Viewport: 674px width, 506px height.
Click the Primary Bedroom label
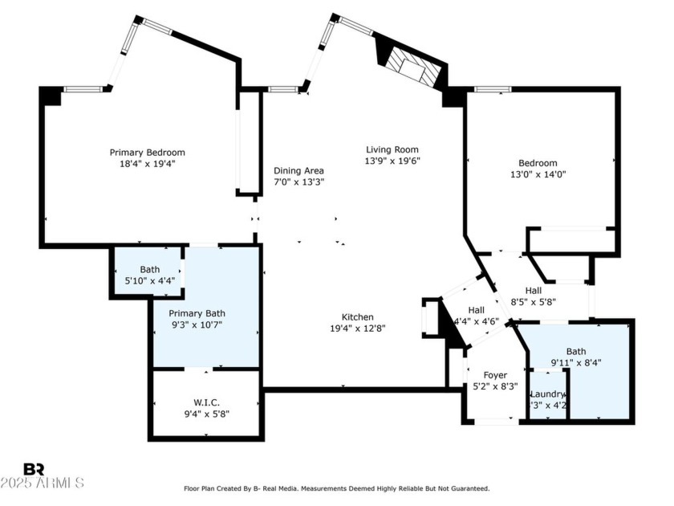coord(147,152)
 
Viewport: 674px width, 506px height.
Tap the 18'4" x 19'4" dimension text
coord(147,163)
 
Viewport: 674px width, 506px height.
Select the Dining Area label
coord(298,170)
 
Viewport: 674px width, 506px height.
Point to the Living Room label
coord(392,149)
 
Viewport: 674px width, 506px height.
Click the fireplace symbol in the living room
coord(410,66)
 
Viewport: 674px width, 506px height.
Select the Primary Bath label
coord(197,313)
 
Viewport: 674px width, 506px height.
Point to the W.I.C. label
coord(206,402)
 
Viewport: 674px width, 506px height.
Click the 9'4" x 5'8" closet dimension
coord(206,414)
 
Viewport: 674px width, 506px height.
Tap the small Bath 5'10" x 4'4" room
coord(150,275)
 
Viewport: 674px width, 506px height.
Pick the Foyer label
coord(495,375)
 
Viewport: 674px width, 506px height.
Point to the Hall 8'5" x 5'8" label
coord(533,291)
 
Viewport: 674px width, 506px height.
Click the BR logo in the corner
coord(34,469)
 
